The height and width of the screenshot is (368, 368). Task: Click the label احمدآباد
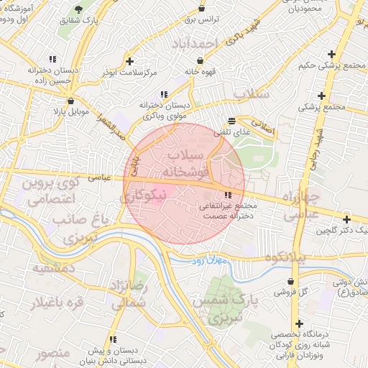click(x=194, y=45)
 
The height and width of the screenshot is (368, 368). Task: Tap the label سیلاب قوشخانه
click(x=186, y=164)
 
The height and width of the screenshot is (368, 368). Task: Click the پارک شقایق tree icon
click(x=78, y=9)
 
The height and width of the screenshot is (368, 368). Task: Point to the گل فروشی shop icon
click(x=290, y=281)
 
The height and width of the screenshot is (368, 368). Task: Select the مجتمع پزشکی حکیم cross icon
click(x=331, y=54)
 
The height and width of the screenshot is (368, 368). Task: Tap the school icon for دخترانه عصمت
click(x=228, y=195)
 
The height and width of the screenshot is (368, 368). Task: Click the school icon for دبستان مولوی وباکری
click(x=165, y=93)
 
